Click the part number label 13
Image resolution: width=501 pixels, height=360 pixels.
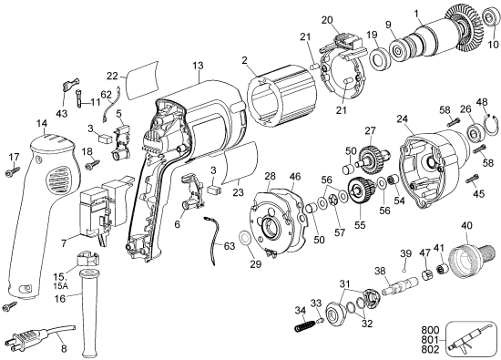[198, 66]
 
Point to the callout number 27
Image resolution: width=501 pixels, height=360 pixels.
[371, 130]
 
